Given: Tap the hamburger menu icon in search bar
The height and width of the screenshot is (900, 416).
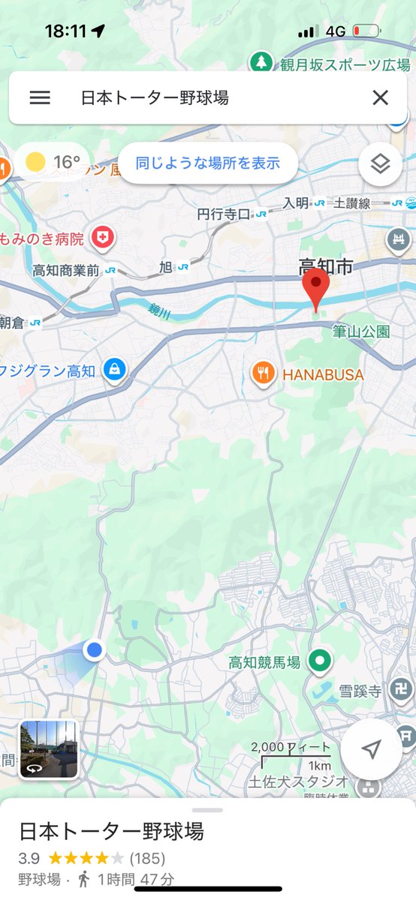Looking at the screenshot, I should pos(40,97).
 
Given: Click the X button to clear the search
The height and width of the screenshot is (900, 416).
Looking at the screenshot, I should pos(381,97).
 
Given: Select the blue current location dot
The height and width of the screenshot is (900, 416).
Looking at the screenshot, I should pos(94,650).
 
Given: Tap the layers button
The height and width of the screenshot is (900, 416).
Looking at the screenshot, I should pos(381,163).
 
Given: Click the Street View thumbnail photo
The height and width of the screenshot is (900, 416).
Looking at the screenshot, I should pos(49,749).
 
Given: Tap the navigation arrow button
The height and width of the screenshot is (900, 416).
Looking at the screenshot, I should pos(371,749).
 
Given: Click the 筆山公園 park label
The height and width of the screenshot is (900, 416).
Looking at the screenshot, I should pos(361,331).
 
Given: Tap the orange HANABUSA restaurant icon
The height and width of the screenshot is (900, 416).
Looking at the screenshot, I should pos(262,373).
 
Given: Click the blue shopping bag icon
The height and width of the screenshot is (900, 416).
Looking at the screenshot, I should pos(114,370).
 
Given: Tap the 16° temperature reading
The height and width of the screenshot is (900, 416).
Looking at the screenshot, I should pos(66,162).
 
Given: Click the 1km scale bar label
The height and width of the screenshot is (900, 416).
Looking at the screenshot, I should pos(319,766).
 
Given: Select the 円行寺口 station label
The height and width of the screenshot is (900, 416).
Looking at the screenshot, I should pos(223,214).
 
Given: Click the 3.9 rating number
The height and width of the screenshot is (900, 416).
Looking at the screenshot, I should pos(29,858).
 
